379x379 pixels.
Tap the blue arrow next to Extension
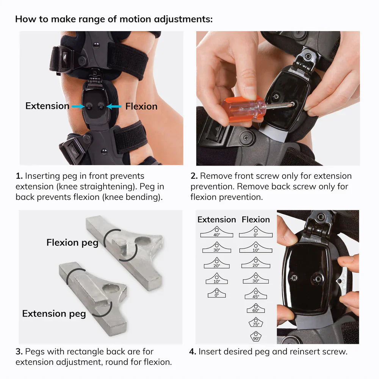(x=78, y=106)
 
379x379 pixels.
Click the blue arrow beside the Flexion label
(x=114, y=106)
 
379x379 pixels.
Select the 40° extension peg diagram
(x=216, y=232)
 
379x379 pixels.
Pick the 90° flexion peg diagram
(x=256, y=337)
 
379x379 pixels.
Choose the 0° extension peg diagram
(x=216, y=293)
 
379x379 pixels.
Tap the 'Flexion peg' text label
(x=72, y=243)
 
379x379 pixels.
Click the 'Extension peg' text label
(x=54, y=313)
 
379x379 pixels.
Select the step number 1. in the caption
(x=19, y=176)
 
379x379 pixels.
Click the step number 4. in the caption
(x=193, y=351)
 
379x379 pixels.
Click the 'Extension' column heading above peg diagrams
(x=216, y=219)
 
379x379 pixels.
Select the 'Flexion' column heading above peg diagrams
(x=256, y=219)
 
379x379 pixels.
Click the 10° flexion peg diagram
(x=256, y=248)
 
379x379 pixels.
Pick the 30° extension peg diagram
(x=216, y=248)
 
